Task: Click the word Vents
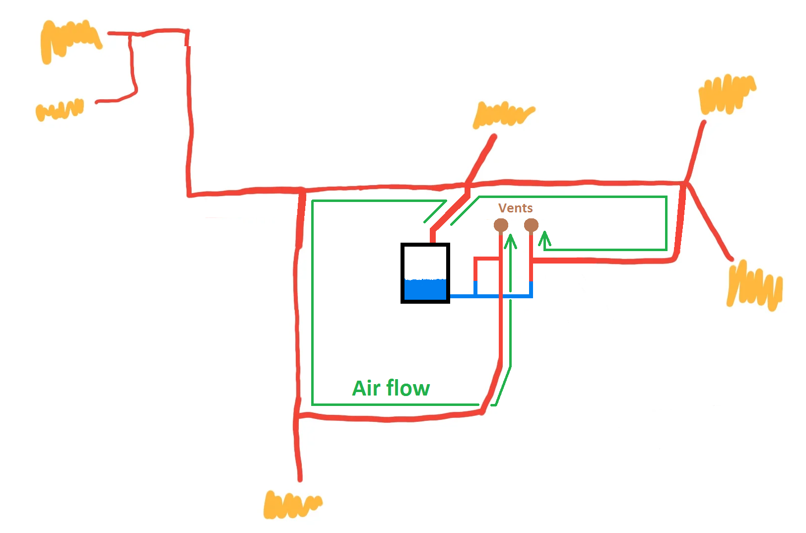[515, 208]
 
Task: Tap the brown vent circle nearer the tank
[501, 226]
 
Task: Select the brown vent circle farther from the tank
[531, 226]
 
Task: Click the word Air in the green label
[366, 388]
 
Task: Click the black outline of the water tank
[403, 273]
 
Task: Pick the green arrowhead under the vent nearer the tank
[511, 241]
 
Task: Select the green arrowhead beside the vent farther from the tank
[545, 239]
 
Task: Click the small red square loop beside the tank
[475, 270]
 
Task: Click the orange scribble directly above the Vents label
[503, 115]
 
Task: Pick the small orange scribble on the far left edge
[60, 110]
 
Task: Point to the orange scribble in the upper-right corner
[727, 94]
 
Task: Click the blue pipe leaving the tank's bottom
[491, 296]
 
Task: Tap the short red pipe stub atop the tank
[433, 236]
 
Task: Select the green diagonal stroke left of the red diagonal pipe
[435, 211]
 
